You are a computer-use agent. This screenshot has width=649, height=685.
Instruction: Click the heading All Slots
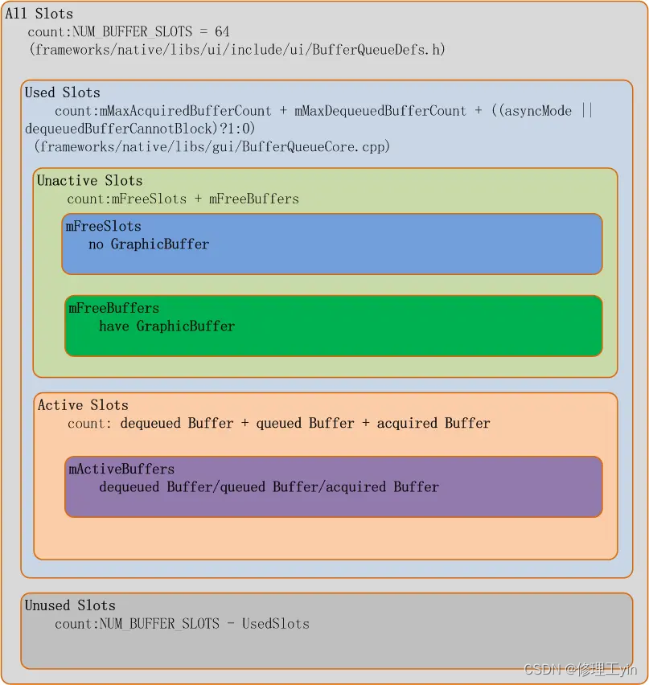click(x=39, y=14)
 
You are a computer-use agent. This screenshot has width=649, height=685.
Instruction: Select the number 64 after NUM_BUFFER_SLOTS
click(x=221, y=32)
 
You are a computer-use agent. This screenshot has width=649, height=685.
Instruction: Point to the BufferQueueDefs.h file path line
click(x=236, y=50)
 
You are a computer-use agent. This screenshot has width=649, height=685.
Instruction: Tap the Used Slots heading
click(x=63, y=92)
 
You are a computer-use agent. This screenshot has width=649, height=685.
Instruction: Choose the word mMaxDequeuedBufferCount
click(x=380, y=111)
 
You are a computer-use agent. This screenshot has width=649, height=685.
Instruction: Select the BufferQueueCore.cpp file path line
click(x=212, y=146)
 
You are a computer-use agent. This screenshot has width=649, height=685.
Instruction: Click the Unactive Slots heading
click(x=90, y=181)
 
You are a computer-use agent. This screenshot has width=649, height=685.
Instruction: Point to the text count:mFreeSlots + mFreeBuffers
click(x=183, y=199)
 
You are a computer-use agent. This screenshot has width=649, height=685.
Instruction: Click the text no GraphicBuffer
click(x=149, y=244)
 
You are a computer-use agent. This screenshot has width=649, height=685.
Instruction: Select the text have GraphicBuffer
click(x=167, y=326)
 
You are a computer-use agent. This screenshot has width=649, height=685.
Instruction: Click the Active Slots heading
click(x=83, y=405)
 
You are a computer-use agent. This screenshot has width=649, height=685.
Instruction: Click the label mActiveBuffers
click(x=121, y=470)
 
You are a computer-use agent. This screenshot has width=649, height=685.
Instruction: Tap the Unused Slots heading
click(x=70, y=605)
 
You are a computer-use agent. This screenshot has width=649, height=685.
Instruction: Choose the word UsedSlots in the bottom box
click(x=276, y=624)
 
